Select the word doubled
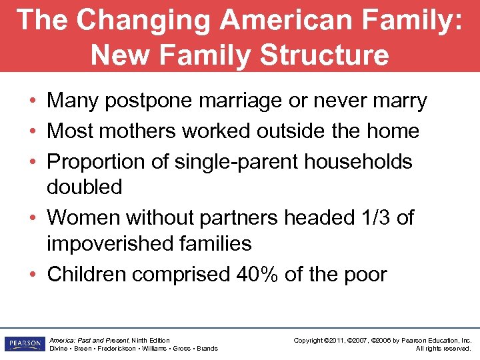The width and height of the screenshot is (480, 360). pos(84,187)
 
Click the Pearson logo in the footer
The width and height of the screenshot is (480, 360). pos(23,344)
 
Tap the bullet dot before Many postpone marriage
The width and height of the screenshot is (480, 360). pos(32,102)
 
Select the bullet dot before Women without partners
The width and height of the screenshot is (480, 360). pos(32,218)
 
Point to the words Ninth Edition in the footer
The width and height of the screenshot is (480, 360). pos(150,341)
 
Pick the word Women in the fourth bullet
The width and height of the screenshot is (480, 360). pos(81,217)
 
